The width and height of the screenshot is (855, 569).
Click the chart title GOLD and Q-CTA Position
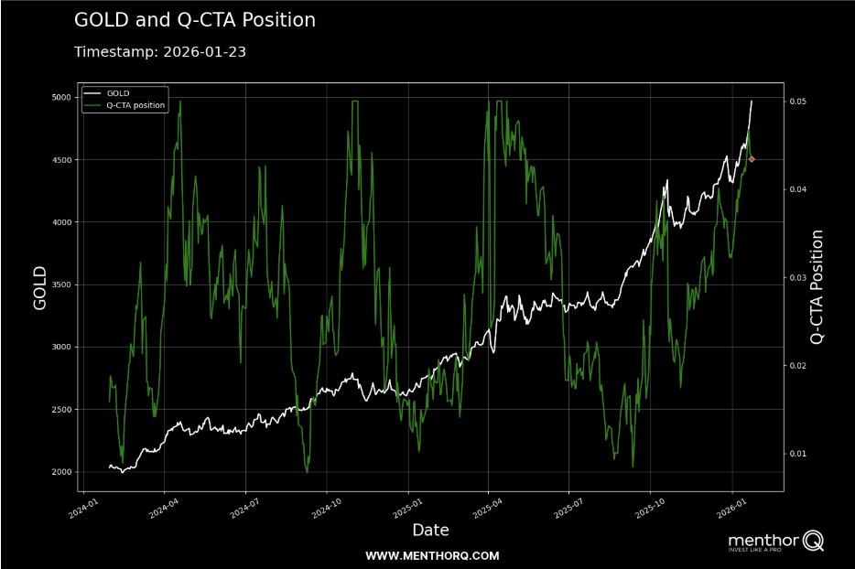pos(194,20)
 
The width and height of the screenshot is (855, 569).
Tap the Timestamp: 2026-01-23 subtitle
pos(159,52)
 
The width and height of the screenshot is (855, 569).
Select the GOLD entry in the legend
pos(117,93)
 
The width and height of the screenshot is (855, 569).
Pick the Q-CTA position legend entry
pos(135,105)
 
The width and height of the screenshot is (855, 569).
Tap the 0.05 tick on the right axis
pos(799,101)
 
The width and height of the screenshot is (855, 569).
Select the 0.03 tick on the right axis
pos(799,277)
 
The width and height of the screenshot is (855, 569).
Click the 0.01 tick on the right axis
pos(799,454)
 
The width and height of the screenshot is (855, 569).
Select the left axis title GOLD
pos(40,288)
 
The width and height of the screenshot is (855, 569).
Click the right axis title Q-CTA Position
pos(817,287)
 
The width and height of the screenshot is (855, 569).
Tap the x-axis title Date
pos(430,530)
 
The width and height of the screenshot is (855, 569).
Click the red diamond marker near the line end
pos(752,159)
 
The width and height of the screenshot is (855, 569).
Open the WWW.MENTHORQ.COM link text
pos(432,555)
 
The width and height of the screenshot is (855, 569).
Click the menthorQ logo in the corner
pos(774,542)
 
